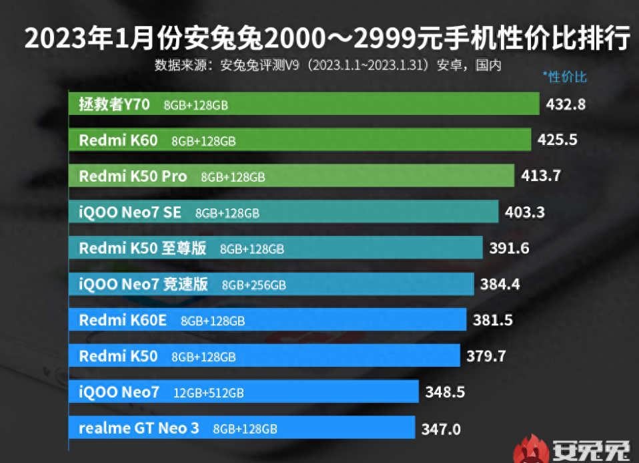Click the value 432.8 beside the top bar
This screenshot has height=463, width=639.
566,104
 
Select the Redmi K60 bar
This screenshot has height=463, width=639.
300,140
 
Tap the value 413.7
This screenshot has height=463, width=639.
541,176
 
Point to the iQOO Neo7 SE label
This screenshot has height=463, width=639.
129,212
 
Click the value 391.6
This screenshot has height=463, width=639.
509,249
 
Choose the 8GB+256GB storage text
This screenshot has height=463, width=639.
254,285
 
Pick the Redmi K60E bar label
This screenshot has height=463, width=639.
123,320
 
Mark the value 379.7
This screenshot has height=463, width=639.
486,356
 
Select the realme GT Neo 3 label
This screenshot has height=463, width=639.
139,428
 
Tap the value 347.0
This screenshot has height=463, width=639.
441,428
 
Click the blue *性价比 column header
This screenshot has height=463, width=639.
564,77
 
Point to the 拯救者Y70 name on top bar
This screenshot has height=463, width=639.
114,104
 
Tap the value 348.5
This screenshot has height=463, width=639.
445,392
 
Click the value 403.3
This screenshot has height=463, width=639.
525,212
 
